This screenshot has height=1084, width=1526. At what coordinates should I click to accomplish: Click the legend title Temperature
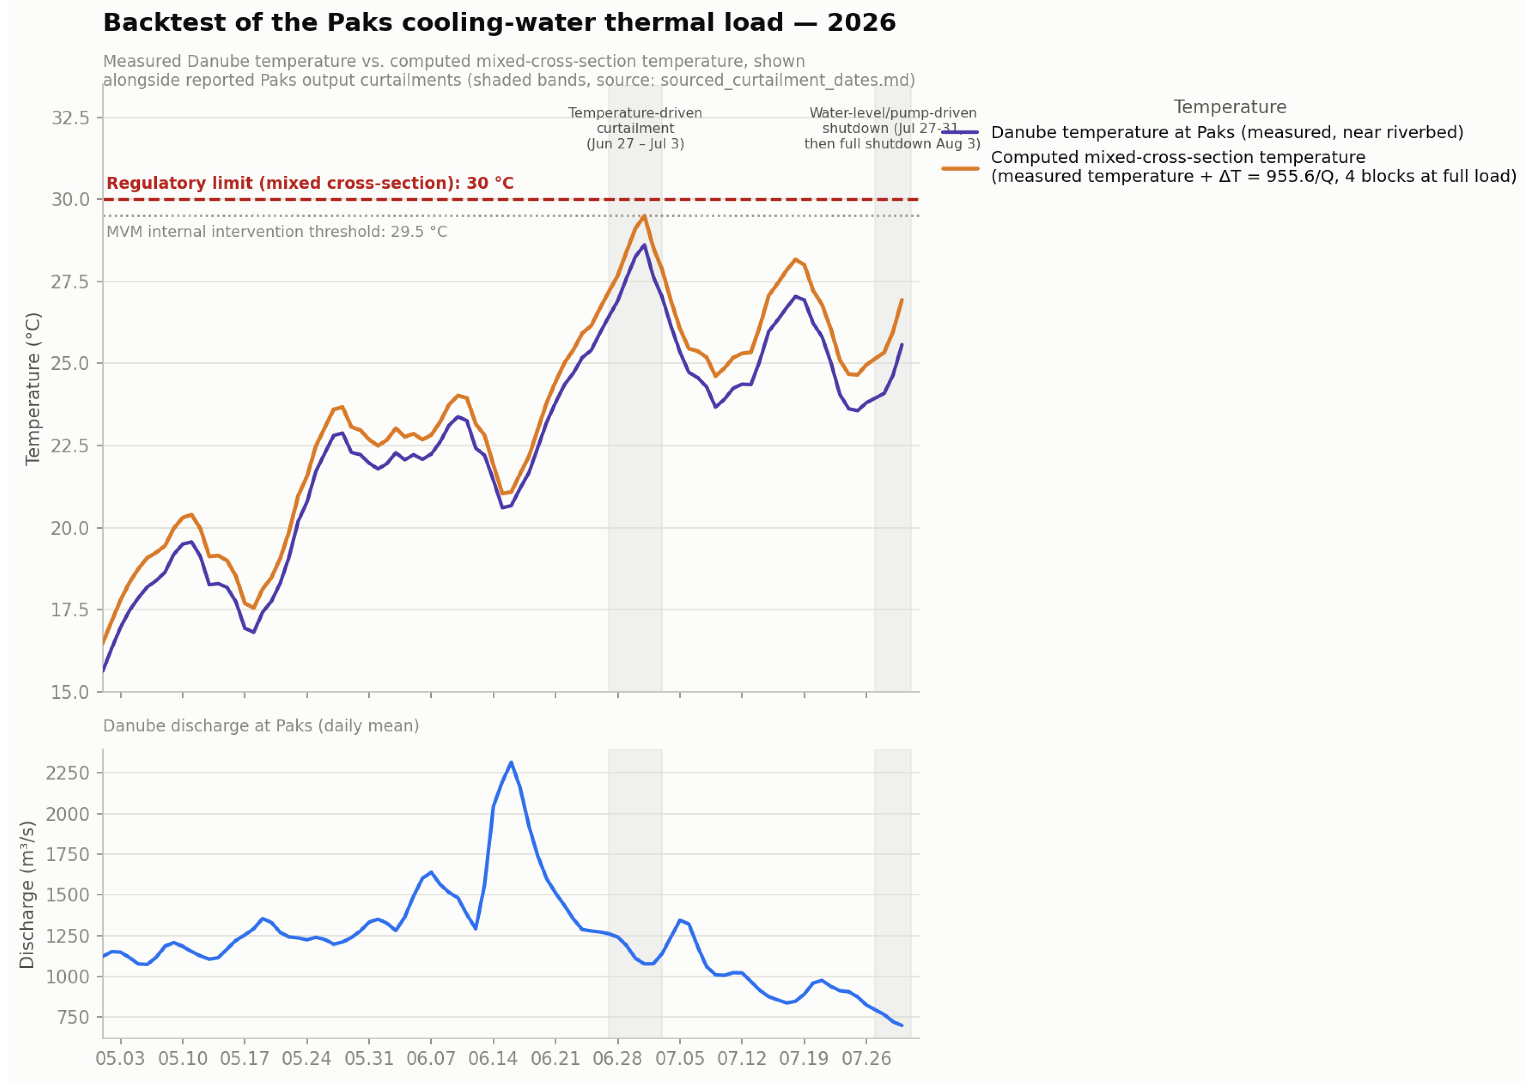[1229, 107]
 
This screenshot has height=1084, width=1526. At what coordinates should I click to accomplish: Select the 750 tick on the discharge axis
[73, 1017]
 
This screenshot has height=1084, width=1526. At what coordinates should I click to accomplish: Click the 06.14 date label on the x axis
[493, 1059]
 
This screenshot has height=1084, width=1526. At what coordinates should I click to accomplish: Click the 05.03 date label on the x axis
[120, 1059]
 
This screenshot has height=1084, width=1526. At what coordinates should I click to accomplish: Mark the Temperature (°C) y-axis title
[33, 389]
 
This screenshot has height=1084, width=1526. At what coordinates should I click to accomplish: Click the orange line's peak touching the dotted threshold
[644, 216]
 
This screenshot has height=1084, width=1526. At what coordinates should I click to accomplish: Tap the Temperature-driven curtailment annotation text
[635, 128]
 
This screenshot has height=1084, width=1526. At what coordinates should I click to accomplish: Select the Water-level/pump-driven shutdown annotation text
[893, 128]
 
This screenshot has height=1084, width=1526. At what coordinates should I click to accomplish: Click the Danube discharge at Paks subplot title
[261, 726]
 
